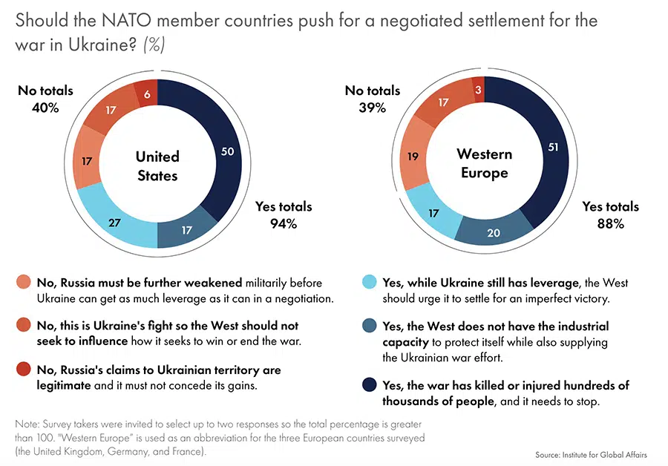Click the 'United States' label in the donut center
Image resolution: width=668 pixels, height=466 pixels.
pos(157,165)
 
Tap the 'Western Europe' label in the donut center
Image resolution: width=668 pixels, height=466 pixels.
pos(484,163)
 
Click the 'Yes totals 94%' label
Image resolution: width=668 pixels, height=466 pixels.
pos(284,214)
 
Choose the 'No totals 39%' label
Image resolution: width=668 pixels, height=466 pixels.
pos(372,99)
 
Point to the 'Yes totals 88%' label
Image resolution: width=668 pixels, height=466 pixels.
pos(610,214)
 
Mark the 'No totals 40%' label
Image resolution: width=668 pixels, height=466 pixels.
pos(45,99)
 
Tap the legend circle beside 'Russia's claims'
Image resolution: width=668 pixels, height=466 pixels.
pos(24,370)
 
